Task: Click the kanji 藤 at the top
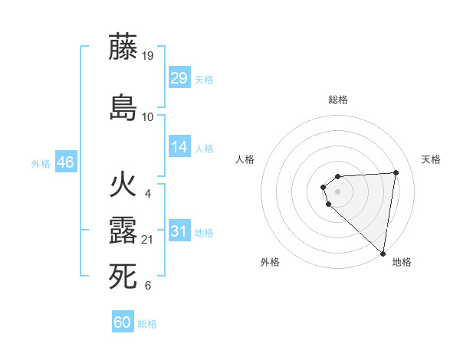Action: pos(123,47)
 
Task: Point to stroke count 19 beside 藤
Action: pos(148,55)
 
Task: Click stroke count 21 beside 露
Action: pos(148,240)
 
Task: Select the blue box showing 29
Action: pos(179,77)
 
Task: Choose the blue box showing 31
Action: pos(179,231)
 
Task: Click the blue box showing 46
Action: pos(65,162)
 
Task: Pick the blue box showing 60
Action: pos(123,322)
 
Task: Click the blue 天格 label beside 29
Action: pos(204,80)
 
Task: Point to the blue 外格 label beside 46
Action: pos(41,164)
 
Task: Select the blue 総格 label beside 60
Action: pos(147,325)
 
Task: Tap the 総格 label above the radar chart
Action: pos(337,100)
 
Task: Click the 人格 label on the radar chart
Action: pos(245,159)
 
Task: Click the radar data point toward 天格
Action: pos(396,172)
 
